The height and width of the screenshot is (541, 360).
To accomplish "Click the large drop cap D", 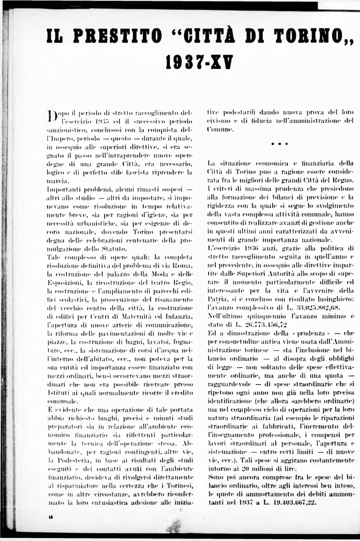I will (51, 116).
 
